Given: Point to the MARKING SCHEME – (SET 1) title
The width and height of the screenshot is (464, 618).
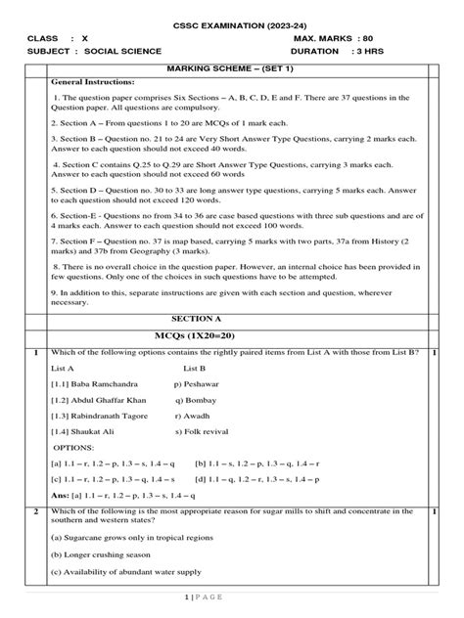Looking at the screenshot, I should pos(232,70).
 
